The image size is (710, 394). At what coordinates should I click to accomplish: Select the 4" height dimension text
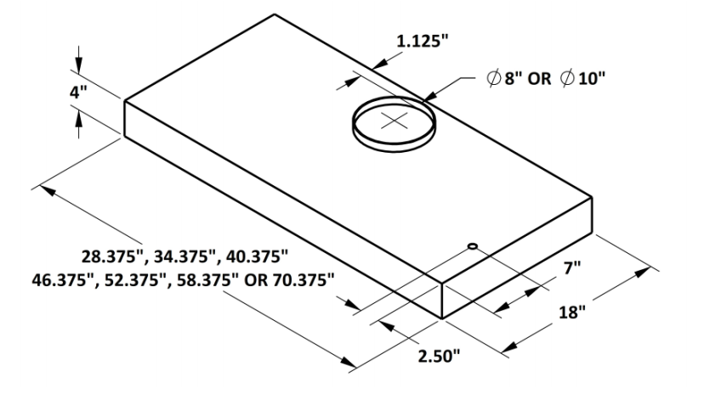(78, 93)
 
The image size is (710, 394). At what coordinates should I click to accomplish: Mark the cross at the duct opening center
(394, 121)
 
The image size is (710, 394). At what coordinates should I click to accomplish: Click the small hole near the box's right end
(472, 246)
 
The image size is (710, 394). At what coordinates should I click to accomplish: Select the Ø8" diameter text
(505, 78)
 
